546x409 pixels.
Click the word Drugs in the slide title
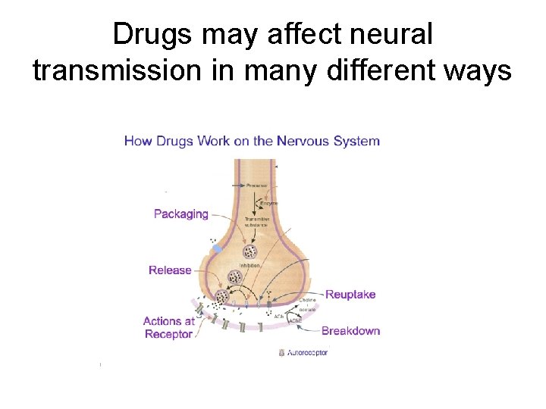pos(158,34)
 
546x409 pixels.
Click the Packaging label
pos(180,214)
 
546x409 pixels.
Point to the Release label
pos(170,270)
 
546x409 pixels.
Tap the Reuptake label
pos(350,295)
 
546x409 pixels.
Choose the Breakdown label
pos(350,331)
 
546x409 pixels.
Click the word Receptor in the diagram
pos(168,335)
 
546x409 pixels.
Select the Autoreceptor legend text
pos(307,353)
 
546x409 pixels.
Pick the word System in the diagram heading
pos(354,141)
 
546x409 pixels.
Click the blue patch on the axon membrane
pos(218,248)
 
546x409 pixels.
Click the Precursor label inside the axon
pos(256,185)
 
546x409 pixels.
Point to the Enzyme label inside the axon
pos(269,203)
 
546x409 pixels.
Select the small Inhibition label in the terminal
pos(250,266)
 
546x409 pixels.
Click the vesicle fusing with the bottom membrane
pos(222,297)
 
